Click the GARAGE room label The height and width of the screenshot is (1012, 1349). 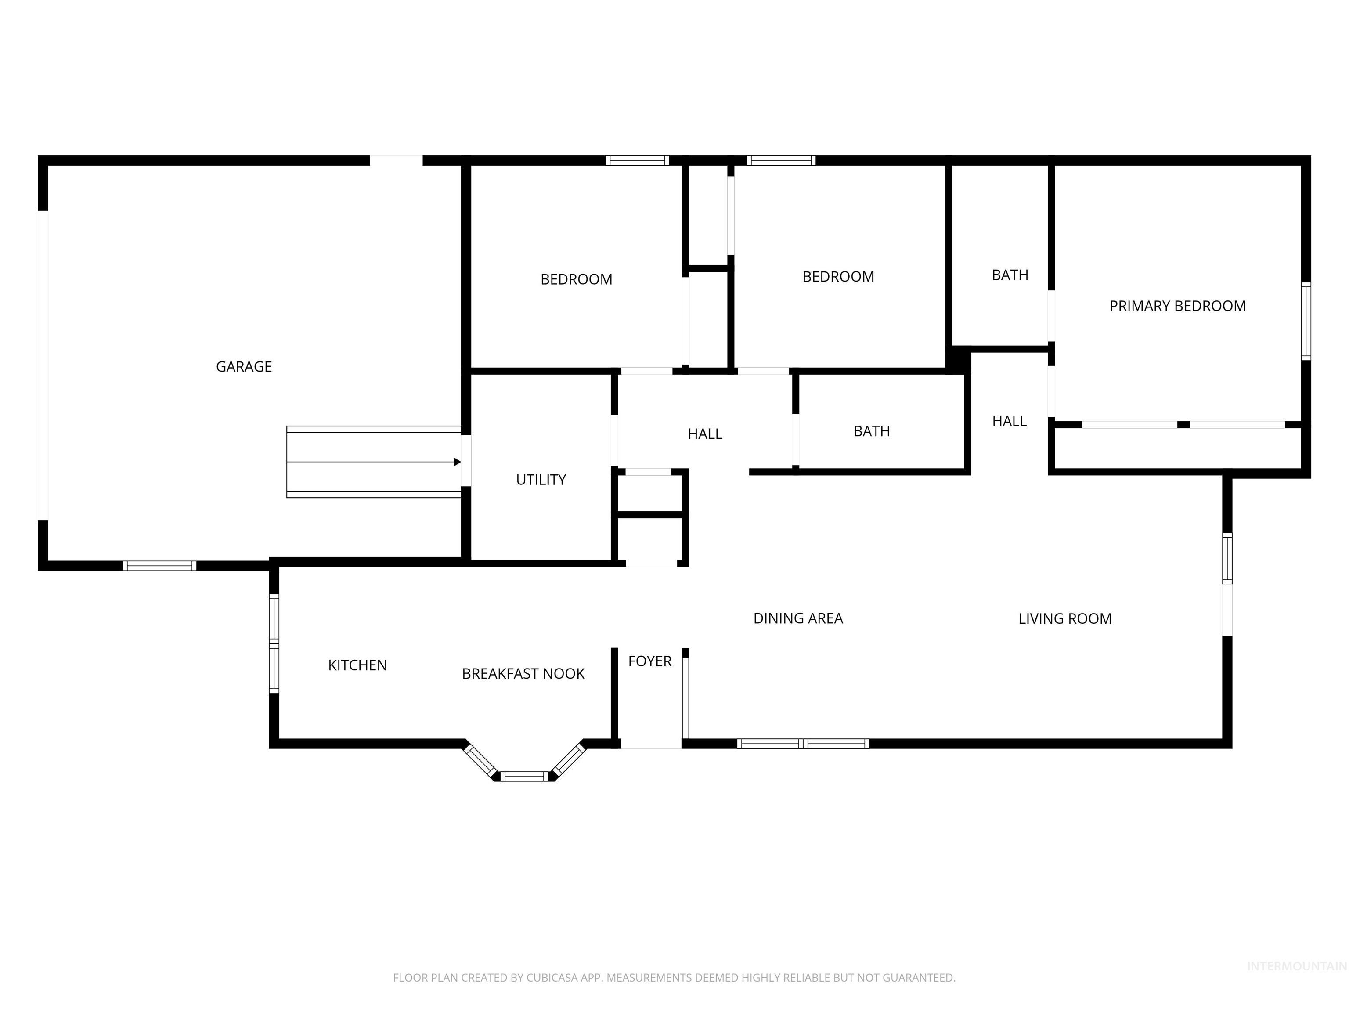pos(244,367)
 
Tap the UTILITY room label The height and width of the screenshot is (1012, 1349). pos(541,480)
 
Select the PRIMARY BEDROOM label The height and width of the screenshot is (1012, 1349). pos(1177,306)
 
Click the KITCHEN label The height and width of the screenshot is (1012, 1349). pos(357,665)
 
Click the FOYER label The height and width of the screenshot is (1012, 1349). pos(649,661)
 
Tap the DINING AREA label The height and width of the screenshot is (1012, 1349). pos(798,618)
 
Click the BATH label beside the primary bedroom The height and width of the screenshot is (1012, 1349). pos(1010,275)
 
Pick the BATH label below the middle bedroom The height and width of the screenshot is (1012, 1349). pos(872,431)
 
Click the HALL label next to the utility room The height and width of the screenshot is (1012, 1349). pos(705,434)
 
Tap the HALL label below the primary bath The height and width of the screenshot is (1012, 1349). pos(1009,421)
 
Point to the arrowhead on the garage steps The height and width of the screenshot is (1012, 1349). pos(458,462)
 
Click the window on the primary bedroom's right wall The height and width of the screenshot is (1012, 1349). pos(1306,321)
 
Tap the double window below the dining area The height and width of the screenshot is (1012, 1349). pos(803,743)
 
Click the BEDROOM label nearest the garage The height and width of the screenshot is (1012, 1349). pos(576,279)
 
